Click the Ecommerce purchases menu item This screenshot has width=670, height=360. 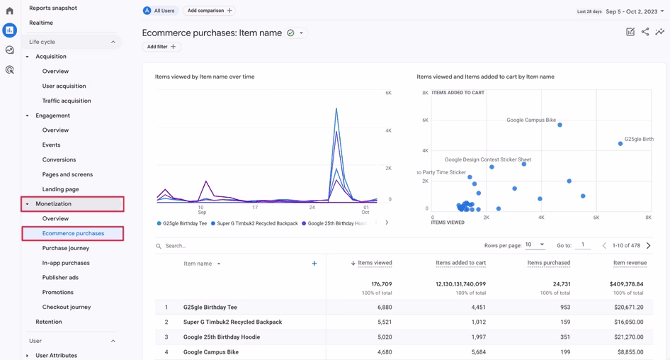(x=73, y=233)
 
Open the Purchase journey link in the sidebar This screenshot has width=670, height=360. (x=65, y=248)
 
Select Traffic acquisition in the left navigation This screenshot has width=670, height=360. (x=66, y=101)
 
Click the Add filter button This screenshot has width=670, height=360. (x=161, y=47)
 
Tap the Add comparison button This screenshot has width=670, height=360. (x=209, y=11)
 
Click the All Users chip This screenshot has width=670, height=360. (x=160, y=11)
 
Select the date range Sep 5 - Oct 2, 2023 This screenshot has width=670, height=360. (x=635, y=11)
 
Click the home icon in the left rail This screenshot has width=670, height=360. (x=10, y=11)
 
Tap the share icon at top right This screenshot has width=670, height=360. (x=645, y=32)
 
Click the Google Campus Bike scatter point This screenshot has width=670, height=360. (x=560, y=125)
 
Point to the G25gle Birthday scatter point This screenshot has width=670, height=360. (x=620, y=144)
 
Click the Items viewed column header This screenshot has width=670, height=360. (x=375, y=263)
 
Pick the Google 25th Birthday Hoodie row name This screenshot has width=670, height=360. (x=221, y=337)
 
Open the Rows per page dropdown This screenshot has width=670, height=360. (x=535, y=245)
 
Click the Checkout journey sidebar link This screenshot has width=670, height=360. (x=66, y=307)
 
